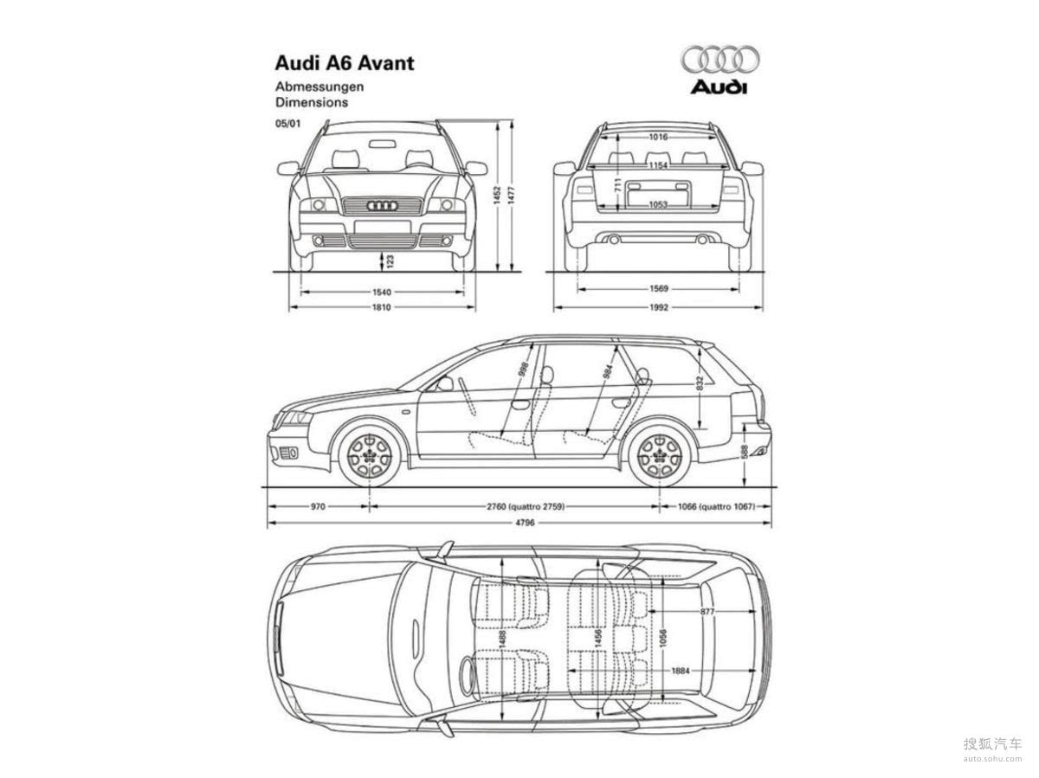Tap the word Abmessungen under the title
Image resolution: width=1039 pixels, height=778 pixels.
pos(319,87)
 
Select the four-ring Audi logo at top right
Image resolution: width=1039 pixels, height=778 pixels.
pos(720,59)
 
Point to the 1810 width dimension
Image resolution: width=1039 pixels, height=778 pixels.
pos(382,307)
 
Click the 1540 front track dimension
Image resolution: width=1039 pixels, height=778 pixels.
pos(382,292)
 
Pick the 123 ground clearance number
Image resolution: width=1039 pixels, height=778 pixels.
pos(390,259)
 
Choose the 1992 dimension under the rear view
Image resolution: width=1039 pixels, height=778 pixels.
pos(659,307)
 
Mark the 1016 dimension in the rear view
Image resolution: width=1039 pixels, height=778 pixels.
pos(659,138)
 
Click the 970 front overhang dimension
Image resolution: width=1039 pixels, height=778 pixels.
pos(317,507)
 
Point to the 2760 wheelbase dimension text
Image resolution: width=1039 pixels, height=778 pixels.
pos(526,507)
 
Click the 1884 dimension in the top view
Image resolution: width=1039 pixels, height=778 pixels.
pos(680,671)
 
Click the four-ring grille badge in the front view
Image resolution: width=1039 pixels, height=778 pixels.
pos(382,206)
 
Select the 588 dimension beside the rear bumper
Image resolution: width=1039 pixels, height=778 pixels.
pos(745,451)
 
